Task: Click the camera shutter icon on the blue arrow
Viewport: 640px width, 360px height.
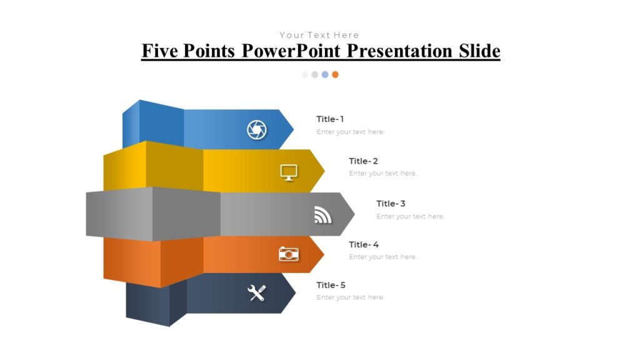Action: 256,130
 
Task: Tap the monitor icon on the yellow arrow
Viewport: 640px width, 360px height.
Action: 289,172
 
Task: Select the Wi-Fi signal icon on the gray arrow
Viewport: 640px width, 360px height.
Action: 322,215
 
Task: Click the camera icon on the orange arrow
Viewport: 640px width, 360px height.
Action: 289,254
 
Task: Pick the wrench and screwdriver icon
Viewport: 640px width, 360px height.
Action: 257,292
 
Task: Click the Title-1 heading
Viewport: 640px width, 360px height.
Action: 330,119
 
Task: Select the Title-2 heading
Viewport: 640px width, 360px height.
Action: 363,161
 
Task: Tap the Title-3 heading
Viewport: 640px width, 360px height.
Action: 391,204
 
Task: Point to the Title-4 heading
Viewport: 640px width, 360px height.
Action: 364,245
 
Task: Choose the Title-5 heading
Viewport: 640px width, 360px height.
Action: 331,286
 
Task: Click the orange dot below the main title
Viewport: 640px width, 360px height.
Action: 335,74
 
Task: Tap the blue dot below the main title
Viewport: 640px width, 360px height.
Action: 325,74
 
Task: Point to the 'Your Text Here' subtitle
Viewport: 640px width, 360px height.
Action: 319,35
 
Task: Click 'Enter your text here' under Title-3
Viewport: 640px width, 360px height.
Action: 410,216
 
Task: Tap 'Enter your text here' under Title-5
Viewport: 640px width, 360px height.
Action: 350,297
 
